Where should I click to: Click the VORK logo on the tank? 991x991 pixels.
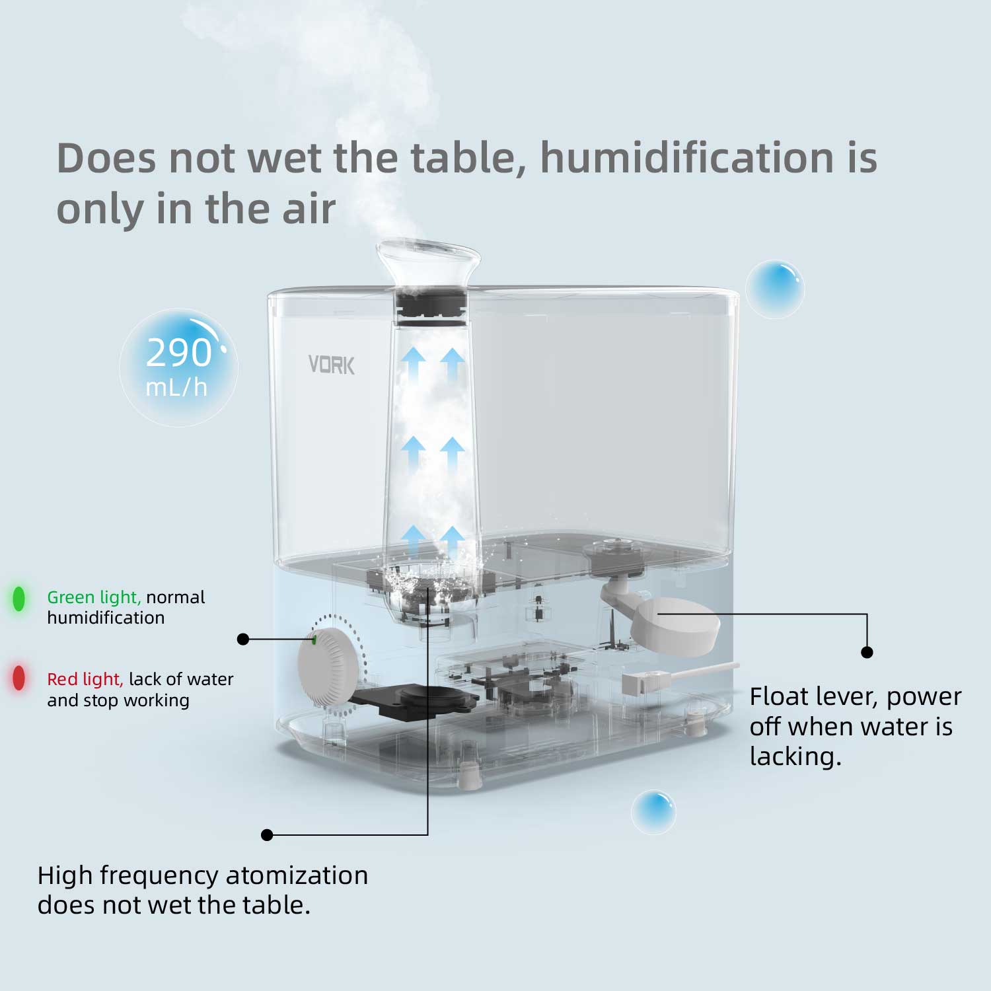(332, 365)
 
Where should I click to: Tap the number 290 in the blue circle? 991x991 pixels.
(178, 352)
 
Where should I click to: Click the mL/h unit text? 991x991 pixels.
(176, 387)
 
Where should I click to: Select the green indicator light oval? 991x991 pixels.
(19, 599)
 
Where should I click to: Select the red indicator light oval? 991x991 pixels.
(19, 678)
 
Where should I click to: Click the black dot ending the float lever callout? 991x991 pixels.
(867, 652)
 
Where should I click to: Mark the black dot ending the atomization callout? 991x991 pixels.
(267, 835)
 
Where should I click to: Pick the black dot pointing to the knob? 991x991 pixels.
(243, 639)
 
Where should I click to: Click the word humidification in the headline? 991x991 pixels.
(687, 158)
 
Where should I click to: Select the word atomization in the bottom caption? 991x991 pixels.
(297, 875)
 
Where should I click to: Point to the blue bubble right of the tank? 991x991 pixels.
(775, 289)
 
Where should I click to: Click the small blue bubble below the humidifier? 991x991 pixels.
(653, 812)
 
